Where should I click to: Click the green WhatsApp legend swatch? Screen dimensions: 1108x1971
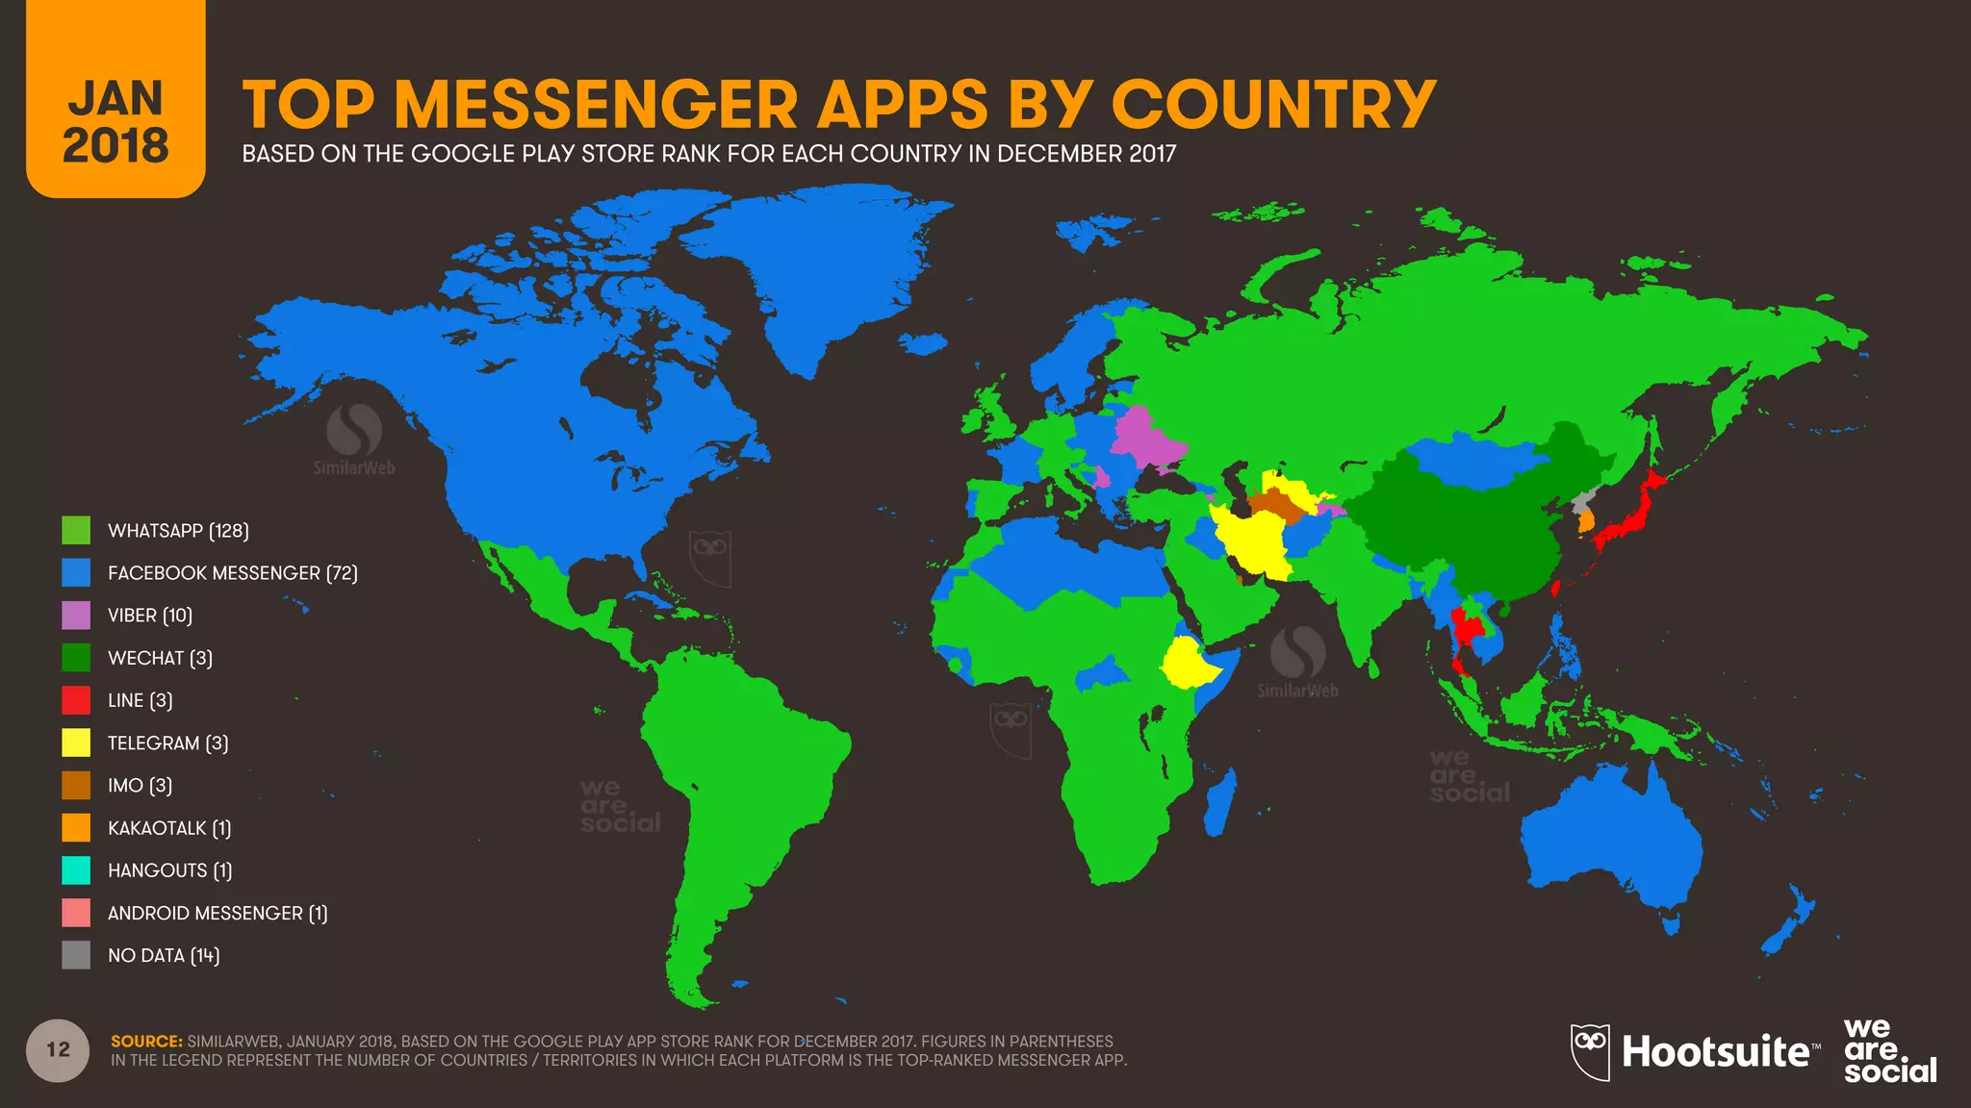[76, 530]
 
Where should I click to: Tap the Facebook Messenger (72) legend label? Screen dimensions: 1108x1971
[232, 573]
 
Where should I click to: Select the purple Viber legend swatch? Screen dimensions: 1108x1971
[76, 616]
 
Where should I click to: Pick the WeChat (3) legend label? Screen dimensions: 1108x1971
[160, 658]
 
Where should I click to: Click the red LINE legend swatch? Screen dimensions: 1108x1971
[76, 700]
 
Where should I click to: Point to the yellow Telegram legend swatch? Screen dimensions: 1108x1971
[76, 743]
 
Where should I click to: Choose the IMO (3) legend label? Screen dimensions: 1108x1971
[140, 786]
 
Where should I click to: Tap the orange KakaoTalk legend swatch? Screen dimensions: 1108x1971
[76, 827]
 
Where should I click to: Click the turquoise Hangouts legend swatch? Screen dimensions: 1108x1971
[76, 870]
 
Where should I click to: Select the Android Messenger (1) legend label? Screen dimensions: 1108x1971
[218, 913]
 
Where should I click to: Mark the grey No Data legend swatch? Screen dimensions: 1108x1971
[76, 955]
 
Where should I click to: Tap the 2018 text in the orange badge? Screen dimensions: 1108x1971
[115, 146]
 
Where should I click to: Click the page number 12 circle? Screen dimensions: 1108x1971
[58, 1049]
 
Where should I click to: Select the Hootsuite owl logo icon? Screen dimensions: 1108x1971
[1590, 1051]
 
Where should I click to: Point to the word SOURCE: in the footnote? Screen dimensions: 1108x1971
[146, 1041]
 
